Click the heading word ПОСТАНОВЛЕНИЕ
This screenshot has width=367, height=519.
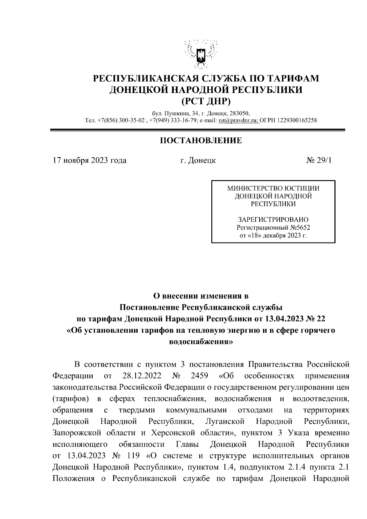(x=201, y=141)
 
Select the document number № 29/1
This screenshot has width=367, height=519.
(x=319, y=160)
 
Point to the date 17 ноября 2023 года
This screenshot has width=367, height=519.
(x=90, y=160)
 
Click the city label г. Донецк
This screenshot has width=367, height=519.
(x=198, y=160)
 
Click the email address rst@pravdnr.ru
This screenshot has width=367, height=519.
(x=238, y=120)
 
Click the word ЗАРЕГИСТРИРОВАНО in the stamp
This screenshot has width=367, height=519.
(x=273, y=220)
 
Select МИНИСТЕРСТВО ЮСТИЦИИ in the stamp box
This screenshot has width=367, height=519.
(x=273, y=188)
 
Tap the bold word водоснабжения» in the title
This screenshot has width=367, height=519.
(x=201, y=342)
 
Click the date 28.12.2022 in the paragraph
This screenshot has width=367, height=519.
(x=142, y=376)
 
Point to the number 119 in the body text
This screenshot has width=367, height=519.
(x=132, y=456)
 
